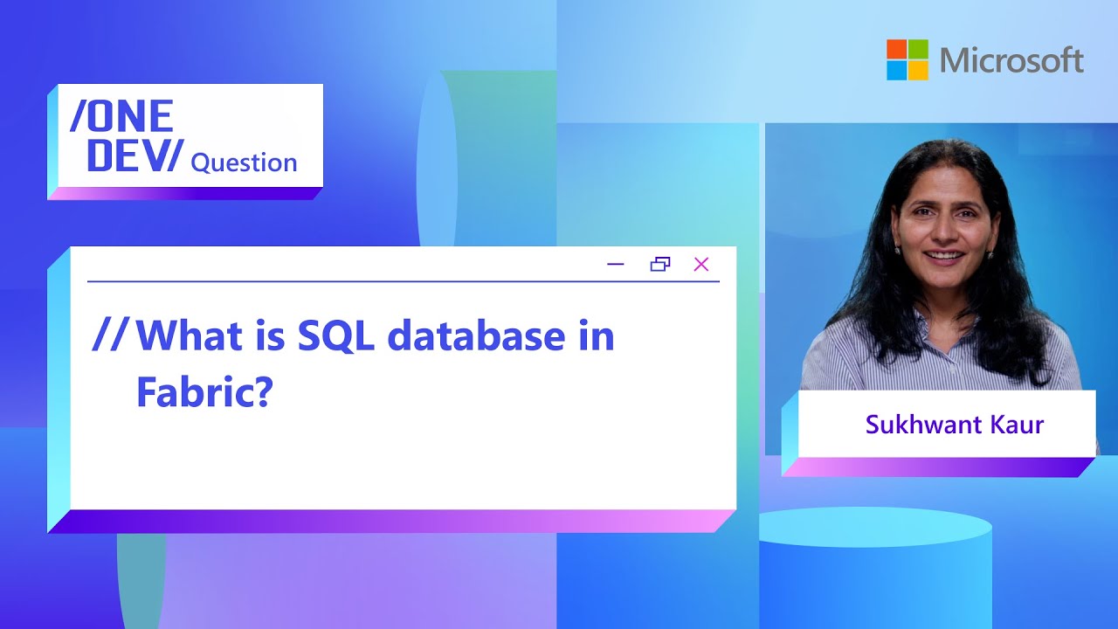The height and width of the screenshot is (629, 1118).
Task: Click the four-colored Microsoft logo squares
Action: [908, 59]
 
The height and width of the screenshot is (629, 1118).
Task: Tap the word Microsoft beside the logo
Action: [1011, 60]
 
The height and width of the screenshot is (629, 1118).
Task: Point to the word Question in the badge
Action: [244, 162]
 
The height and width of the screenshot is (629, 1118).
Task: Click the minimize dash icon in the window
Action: [616, 264]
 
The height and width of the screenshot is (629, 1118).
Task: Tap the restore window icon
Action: [660, 264]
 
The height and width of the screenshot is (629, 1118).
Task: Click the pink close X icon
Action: [700, 264]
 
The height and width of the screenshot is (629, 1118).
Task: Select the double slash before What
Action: [110, 336]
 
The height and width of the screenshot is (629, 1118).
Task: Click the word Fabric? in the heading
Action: [204, 393]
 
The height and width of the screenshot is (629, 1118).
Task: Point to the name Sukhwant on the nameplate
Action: [916, 425]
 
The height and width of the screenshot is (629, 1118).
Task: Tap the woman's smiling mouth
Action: [941, 258]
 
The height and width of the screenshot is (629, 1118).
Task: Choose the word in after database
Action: [597, 336]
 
